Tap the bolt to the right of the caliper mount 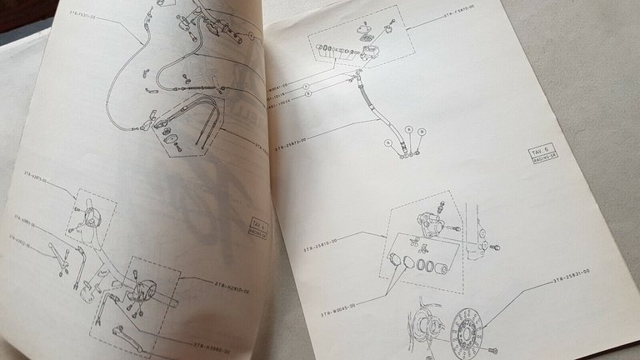point(495,247)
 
